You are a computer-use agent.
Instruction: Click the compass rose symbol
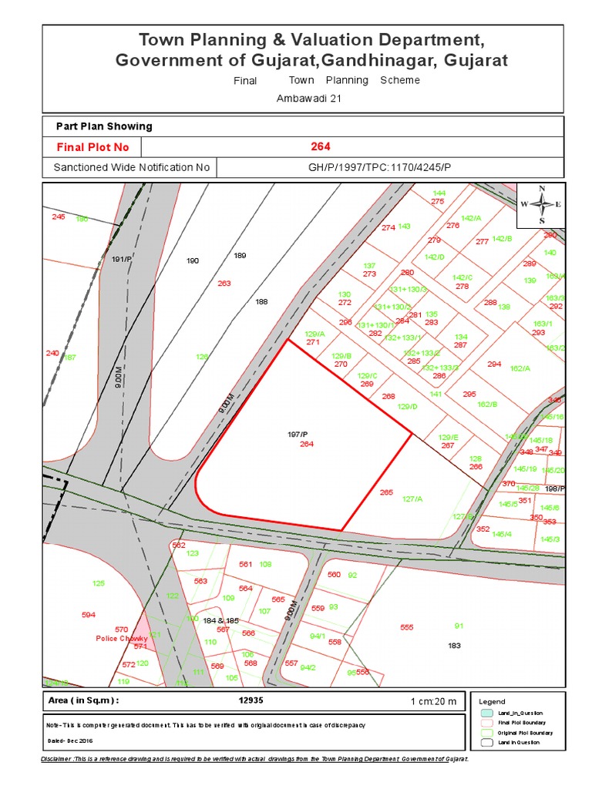point(543,204)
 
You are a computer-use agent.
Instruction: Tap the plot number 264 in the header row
point(321,146)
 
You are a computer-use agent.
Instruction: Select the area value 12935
point(251,700)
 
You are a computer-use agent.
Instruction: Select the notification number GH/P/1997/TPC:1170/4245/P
point(379,167)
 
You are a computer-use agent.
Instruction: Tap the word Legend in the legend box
point(492,702)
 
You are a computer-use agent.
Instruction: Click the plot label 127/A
point(412,499)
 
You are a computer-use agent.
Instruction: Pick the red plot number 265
point(386,492)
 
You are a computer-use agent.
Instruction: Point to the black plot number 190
point(193,261)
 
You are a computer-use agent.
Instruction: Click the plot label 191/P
point(123,259)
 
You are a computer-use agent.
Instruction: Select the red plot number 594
point(89,615)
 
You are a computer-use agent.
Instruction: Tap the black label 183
point(454,645)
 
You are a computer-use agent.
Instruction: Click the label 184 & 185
point(221,620)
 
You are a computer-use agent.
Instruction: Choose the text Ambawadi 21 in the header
point(308,99)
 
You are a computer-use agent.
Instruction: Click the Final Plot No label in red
point(92,147)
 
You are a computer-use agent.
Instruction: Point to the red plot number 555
point(407,627)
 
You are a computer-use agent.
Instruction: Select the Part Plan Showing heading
point(104,126)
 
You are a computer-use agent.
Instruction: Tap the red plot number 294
point(494,364)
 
